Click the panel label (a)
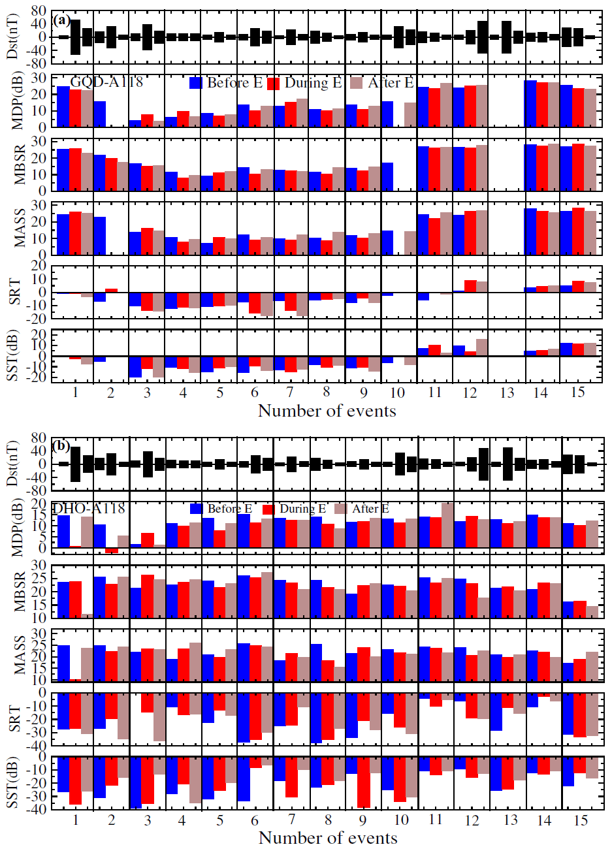click(x=63, y=20)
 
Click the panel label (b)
click(x=63, y=447)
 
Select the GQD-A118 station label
click(x=106, y=82)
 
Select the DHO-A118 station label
click(x=88, y=508)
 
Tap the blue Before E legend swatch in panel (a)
click(x=196, y=83)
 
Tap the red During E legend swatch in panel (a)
click(x=274, y=83)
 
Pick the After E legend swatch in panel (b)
click(x=340, y=509)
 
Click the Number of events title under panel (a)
click(x=327, y=411)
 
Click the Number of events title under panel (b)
click(x=328, y=837)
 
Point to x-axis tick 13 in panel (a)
click(x=507, y=392)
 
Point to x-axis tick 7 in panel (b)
click(x=291, y=820)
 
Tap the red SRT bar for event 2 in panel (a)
click(x=111, y=290)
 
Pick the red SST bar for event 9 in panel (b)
click(x=364, y=782)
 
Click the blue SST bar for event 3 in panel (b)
click(x=135, y=782)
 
